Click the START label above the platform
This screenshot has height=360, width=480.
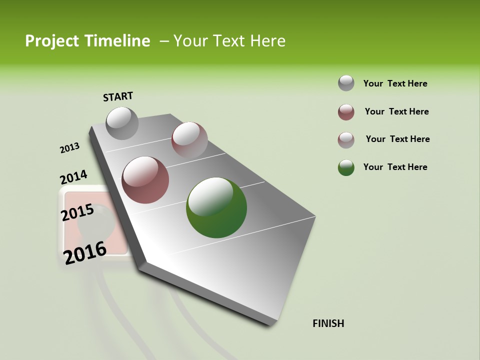[118, 96]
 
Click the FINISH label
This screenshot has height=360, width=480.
[328, 323]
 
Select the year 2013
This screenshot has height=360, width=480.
[69, 148]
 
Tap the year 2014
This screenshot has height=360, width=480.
[73, 177]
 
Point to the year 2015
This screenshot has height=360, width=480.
[77, 212]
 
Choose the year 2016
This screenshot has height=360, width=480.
[85, 252]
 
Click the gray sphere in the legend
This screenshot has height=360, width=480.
[346, 83]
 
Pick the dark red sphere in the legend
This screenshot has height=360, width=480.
[346, 112]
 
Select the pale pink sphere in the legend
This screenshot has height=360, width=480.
[346, 140]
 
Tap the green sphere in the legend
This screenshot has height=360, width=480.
[346, 167]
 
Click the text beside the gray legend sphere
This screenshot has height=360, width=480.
[395, 83]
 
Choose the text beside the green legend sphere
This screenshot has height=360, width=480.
[395, 167]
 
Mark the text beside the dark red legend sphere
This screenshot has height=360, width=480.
[396, 111]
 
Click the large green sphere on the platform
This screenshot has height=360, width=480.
[216, 207]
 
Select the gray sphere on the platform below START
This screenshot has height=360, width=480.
[122, 123]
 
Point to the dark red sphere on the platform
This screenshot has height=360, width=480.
[145, 180]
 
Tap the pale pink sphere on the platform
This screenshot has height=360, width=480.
[189, 139]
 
